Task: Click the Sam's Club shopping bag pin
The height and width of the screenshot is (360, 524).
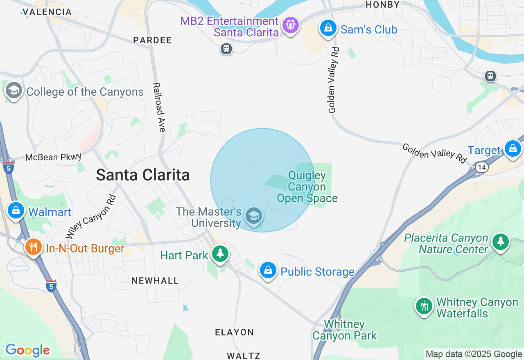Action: (x=328, y=28)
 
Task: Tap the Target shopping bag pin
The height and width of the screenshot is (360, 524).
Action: (x=513, y=148)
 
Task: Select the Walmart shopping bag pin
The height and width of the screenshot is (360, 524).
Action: (x=16, y=211)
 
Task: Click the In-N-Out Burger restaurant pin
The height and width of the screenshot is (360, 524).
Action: (x=33, y=247)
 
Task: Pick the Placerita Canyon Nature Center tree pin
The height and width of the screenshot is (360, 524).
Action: (x=500, y=242)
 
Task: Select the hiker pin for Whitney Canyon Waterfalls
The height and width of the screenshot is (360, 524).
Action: (x=424, y=306)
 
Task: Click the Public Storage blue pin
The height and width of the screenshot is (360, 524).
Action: (x=268, y=270)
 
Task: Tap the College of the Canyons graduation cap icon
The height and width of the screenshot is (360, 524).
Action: (x=14, y=91)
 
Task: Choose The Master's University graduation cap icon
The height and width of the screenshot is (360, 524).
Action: (x=253, y=215)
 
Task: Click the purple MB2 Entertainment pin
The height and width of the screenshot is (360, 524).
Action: (x=291, y=25)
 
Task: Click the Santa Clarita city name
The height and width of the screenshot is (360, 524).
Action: (x=143, y=175)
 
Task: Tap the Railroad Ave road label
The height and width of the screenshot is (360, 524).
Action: (x=159, y=107)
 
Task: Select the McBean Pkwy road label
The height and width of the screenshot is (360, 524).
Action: (x=53, y=157)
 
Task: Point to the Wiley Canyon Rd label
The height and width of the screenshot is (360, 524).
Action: (x=91, y=217)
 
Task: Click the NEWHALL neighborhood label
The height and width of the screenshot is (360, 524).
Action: (x=155, y=281)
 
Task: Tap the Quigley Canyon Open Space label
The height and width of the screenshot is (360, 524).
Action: (x=307, y=187)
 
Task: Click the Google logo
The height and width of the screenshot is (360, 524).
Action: (x=27, y=350)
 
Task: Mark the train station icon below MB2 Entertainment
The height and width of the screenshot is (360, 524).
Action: (x=226, y=49)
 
